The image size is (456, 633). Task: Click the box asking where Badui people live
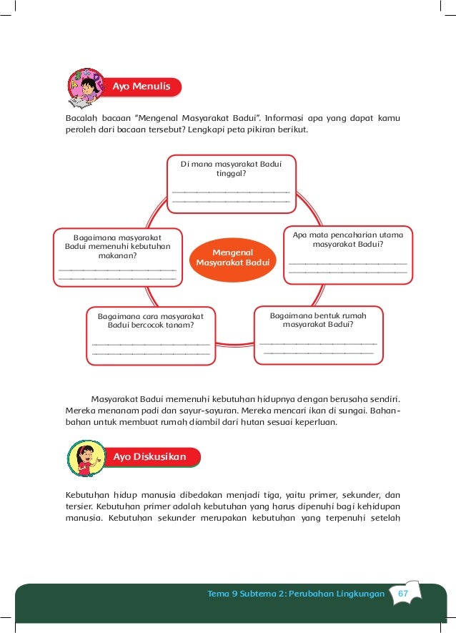click(x=231, y=183)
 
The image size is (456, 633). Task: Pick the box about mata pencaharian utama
click(x=347, y=254)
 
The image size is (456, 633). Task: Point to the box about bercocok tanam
click(x=151, y=336)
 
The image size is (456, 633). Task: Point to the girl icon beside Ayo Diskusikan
click(x=85, y=458)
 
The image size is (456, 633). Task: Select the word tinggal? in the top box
click(x=231, y=174)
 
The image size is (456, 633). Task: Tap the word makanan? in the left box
click(x=118, y=255)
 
